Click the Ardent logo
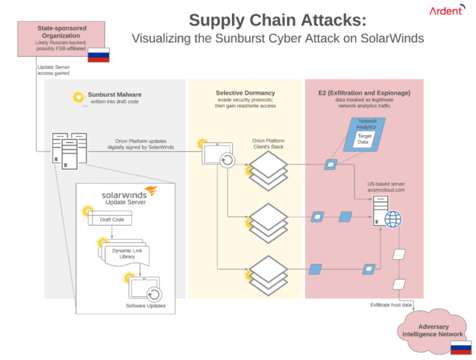pos(446,11)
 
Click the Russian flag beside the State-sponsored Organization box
pos(98,55)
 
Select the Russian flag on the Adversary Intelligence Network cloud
pos(460,348)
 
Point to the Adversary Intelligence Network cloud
pos(434,330)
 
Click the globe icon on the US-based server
pos(393,219)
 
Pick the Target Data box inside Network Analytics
pos(364,138)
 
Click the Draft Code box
pos(112,219)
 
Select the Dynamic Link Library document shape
pos(126,253)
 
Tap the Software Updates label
pos(146,306)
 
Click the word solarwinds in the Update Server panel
pos(123,195)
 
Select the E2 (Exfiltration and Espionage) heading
pos(364,92)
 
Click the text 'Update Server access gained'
pos(53,69)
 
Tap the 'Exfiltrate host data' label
pos(390,304)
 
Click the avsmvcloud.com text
pos(386,190)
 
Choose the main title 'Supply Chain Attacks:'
pos(277,20)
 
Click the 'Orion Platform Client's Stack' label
pos(268,144)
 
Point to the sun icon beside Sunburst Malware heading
pos(78,97)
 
